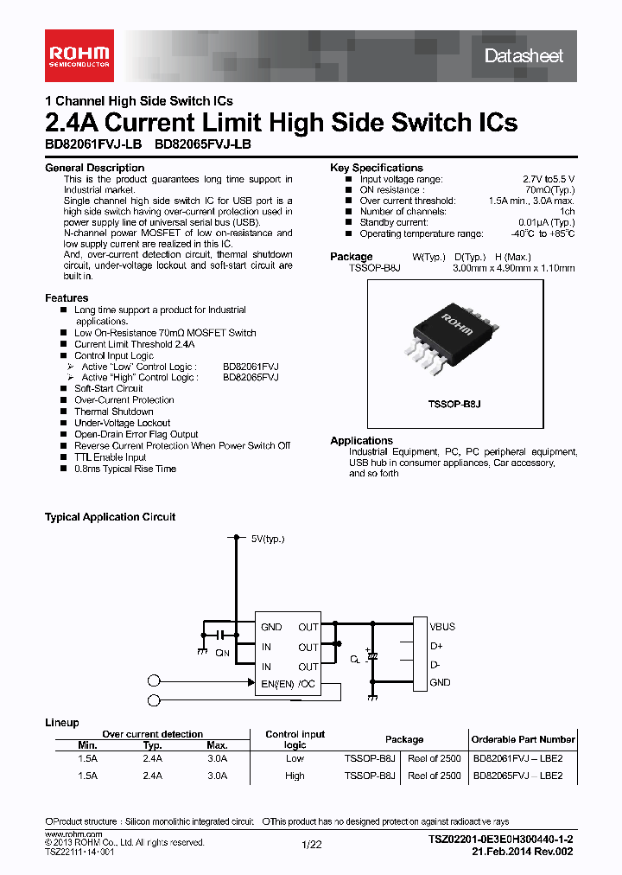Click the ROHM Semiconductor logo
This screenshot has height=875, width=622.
(x=79, y=55)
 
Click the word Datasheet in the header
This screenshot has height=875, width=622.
(x=524, y=56)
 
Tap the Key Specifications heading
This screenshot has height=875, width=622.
(x=377, y=168)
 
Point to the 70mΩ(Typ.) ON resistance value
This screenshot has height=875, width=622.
(x=550, y=190)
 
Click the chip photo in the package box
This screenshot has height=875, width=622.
(x=454, y=336)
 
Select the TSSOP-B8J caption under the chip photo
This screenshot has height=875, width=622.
(x=454, y=404)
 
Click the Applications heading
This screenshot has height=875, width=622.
(x=361, y=441)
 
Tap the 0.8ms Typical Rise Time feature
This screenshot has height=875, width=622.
(x=125, y=469)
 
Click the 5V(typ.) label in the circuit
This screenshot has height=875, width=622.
(x=267, y=539)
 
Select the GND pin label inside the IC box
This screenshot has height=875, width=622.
(x=271, y=628)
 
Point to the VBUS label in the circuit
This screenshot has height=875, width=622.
(x=442, y=627)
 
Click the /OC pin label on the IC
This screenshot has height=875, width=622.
(x=308, y=684)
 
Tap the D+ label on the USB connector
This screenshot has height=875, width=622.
(x=436, y=646)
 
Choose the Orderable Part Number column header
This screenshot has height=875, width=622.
(x=523, y=739)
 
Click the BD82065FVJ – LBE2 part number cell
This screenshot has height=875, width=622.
(x=517, y=776)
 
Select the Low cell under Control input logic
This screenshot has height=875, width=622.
(x=295, y=758)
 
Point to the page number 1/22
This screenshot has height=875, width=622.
(x=311, y=845)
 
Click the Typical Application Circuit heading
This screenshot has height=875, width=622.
(x=110, y=517)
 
